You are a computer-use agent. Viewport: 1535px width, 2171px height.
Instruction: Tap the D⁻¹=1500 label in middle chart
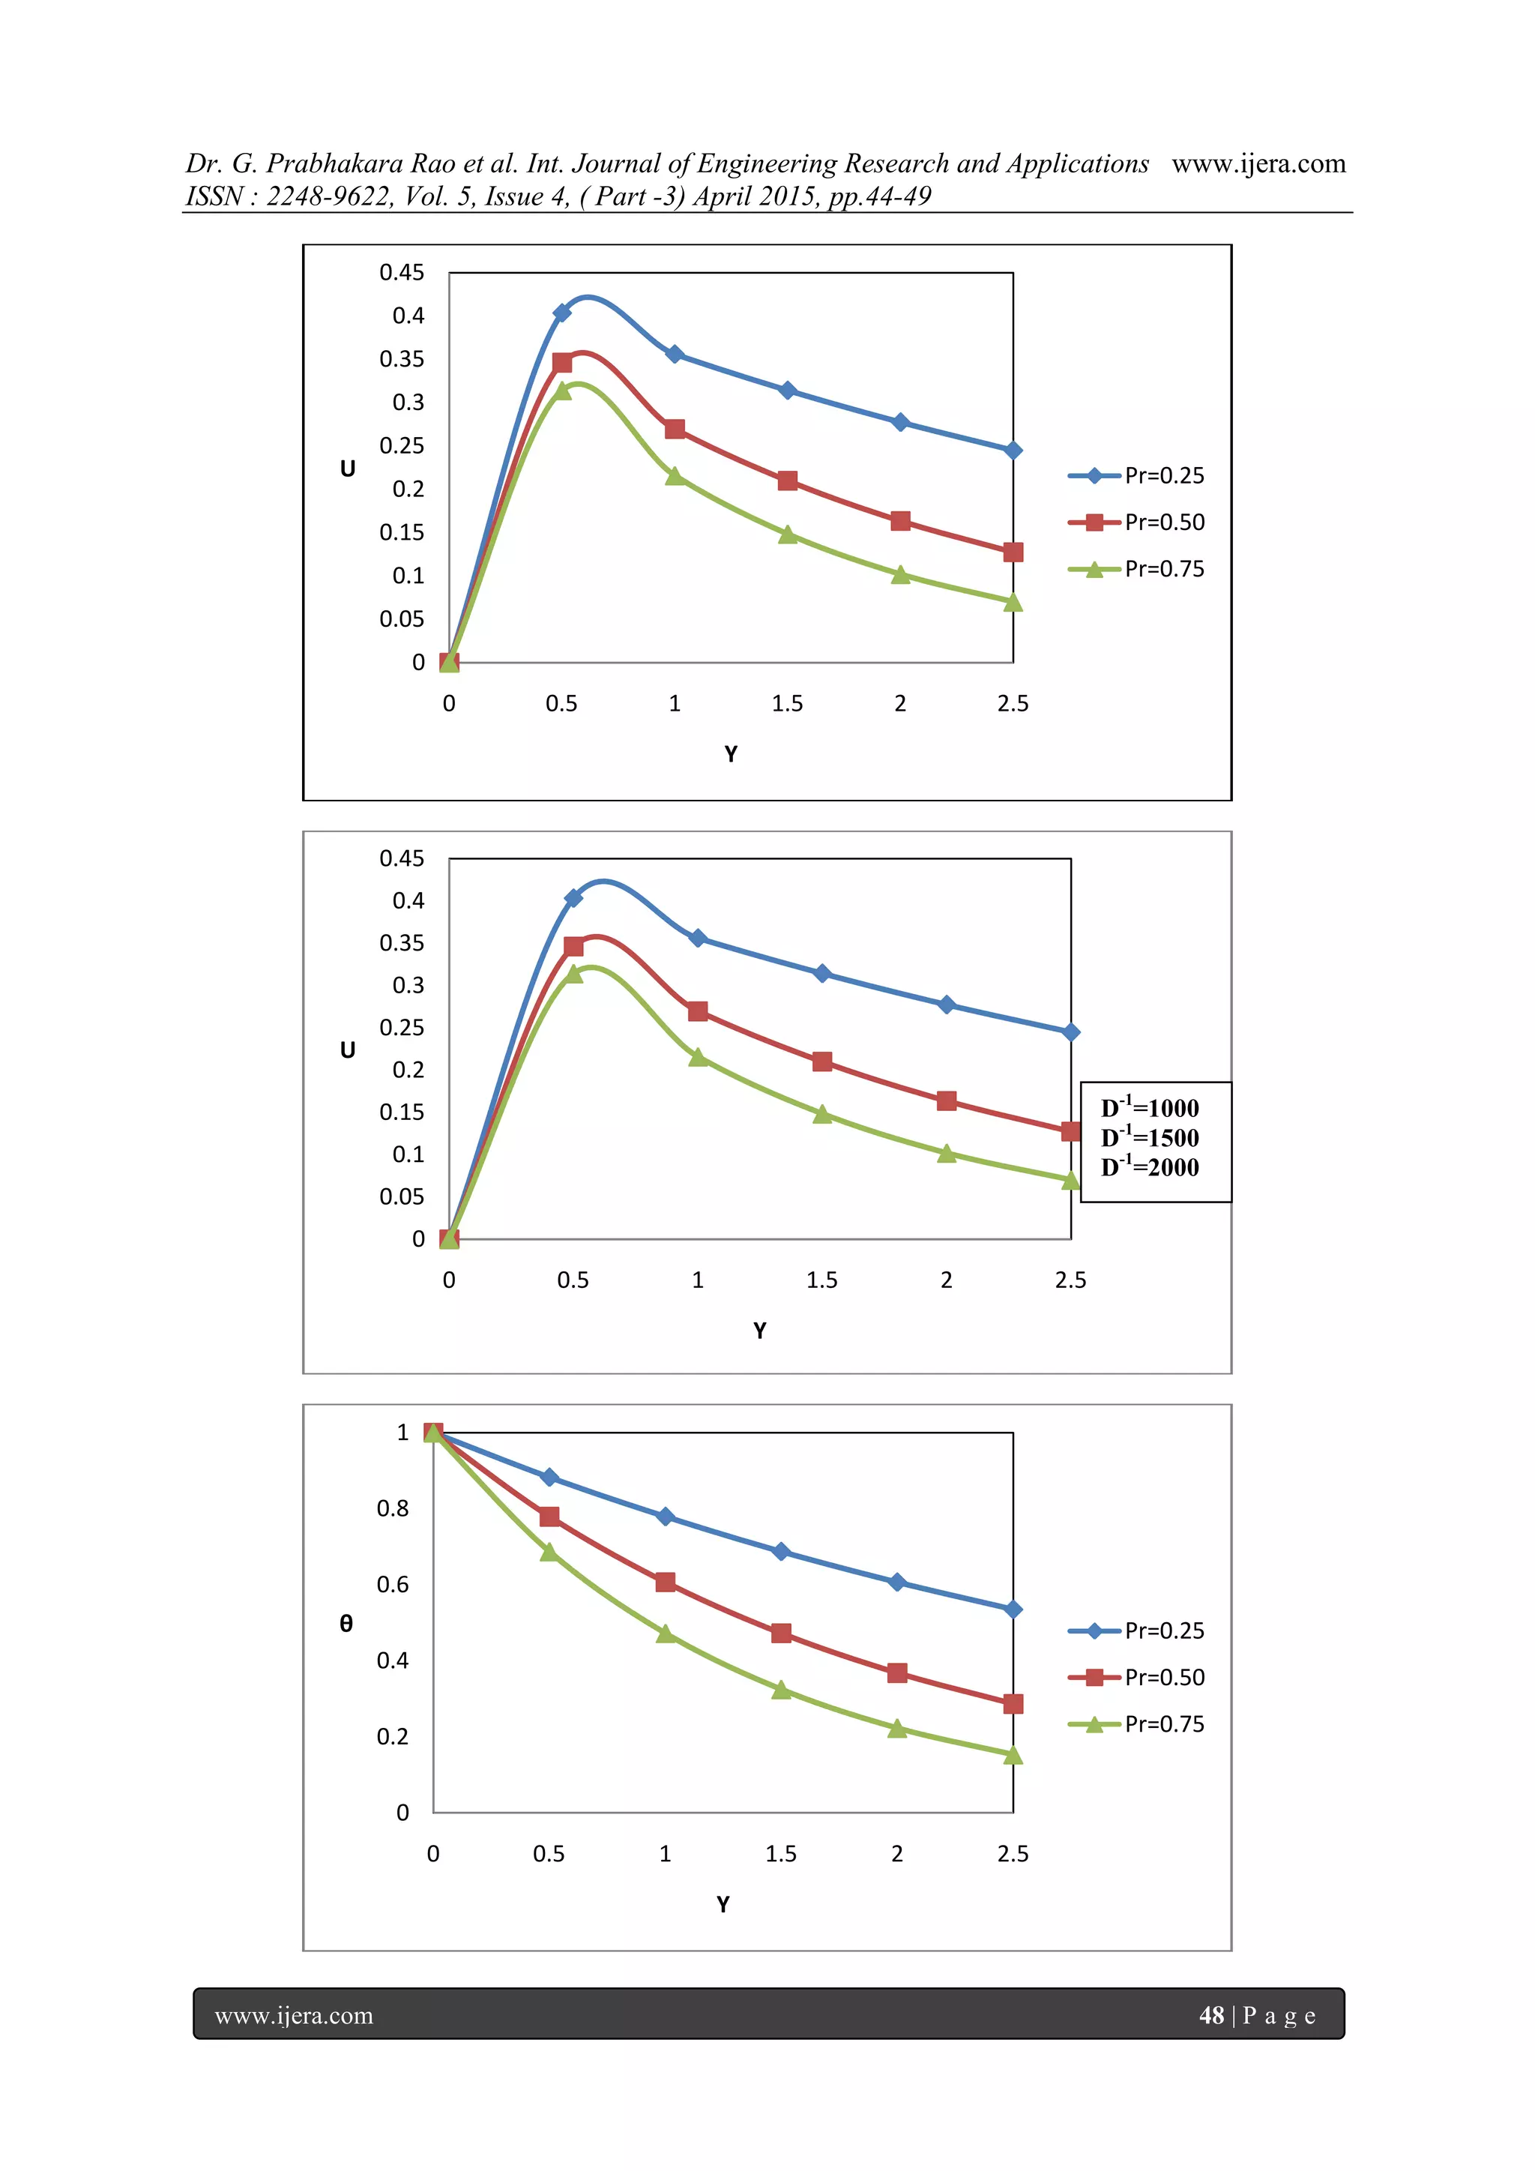(x=1149, y=1137)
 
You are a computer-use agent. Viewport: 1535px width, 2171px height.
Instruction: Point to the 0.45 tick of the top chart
(x=402, y=272)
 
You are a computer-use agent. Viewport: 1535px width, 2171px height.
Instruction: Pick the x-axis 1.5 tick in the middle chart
(x=821, y=1280)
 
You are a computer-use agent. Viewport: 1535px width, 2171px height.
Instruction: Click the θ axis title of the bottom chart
(x=346, y=1624)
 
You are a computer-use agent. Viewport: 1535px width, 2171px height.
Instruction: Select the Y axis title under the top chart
(x=731, y=753)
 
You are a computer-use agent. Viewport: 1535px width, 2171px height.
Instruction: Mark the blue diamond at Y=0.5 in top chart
(x=561, y=313)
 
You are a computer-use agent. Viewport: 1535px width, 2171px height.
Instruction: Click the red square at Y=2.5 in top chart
(x=1013, y=552)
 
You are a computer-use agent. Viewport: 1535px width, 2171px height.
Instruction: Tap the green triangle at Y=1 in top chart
(x=675, y=475)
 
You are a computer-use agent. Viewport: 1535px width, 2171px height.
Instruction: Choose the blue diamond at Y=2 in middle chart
(x=946, y=1005)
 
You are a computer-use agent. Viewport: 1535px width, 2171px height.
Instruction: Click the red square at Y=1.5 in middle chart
(x=822, y=1062)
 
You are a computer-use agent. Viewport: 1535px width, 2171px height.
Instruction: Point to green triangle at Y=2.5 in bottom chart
(x=1013, y=1755)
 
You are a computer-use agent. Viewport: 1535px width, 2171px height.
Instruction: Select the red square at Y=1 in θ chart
(x=666, y=1583)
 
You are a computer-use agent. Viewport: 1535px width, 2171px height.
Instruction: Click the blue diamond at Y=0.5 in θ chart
(x=549, y=1477)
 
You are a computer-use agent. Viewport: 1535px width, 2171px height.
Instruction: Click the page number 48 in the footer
(x=1210, y=2015)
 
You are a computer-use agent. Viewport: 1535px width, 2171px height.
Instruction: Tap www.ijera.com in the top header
(x=1258, y=163)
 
